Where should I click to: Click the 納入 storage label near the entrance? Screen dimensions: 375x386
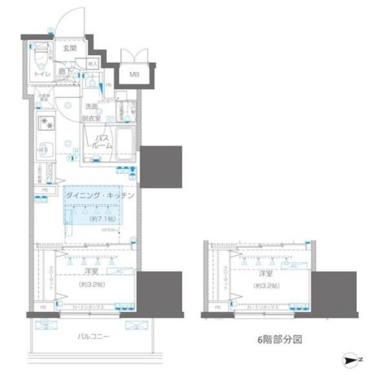[x=92, y=62]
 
